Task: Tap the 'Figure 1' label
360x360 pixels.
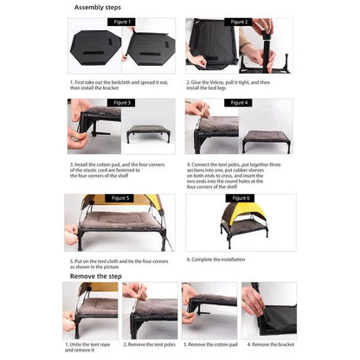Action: click(119, 22)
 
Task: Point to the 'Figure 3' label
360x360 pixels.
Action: click(119, 102)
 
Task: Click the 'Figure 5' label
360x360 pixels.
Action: click(119, 197)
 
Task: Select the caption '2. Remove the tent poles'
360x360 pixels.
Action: click(149, 344)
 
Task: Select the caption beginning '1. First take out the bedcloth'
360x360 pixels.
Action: click(118, 86)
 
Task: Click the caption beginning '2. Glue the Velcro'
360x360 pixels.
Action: click(240, 86)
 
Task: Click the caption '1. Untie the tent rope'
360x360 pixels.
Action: click(90, 346)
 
